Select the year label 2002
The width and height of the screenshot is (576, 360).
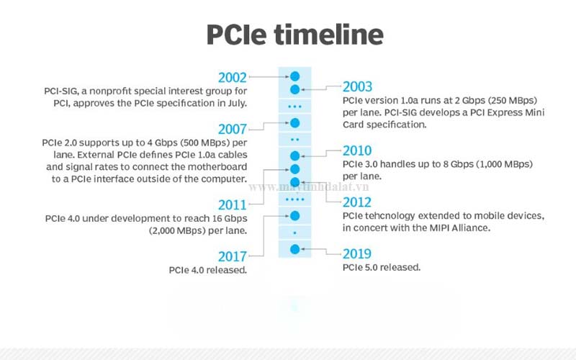(x=233, y=77)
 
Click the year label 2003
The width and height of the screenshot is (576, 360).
(x=358, y=86)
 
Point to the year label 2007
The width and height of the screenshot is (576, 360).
(x=233, y=129)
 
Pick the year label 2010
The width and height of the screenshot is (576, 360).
(x=358, y=150)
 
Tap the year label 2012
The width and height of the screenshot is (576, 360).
(x=358, y=202)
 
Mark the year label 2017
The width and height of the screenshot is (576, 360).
(x=233, y=256)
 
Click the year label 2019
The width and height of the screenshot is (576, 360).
(x=358, y=253)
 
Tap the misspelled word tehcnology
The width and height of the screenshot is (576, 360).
(x=393, y=216)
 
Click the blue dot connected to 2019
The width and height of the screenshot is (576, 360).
(x=294, y=249)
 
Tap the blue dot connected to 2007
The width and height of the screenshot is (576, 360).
(x=294, y=122)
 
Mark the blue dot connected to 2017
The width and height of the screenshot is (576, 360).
(x=294, y=215)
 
